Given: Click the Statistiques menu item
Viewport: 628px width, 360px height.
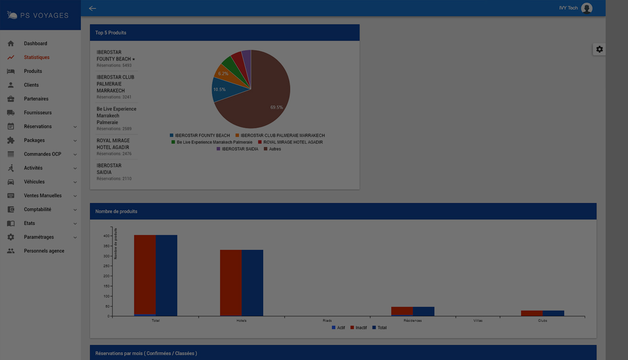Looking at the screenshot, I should pos(36,57).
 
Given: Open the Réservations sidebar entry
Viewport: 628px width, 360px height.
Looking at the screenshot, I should pos(38,127).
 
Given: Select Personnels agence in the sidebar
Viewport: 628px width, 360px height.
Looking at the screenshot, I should pos(44,251).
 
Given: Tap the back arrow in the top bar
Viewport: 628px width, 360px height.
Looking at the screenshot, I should pos(93,8).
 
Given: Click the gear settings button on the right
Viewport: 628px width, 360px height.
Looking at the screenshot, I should pos(599,49).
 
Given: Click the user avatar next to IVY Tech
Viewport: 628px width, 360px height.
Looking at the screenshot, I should pos(587,8).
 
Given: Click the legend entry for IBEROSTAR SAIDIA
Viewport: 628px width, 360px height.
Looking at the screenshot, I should pos(240,149).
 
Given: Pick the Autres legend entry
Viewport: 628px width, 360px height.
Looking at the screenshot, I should pos(274,149).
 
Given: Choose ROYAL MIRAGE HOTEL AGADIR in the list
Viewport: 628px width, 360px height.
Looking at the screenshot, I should pos(113,144).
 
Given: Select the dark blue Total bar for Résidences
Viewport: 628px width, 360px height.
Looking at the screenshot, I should pos(423,311).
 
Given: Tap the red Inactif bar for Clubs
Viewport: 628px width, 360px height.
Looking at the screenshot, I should pos(532,313).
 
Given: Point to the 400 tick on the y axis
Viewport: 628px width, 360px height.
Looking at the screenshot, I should pos(107,236).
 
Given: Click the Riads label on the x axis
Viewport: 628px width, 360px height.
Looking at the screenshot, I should pos(327,320).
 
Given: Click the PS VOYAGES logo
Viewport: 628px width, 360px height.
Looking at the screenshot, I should pos(38,15).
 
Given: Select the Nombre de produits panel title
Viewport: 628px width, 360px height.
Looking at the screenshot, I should pos(116,211).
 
